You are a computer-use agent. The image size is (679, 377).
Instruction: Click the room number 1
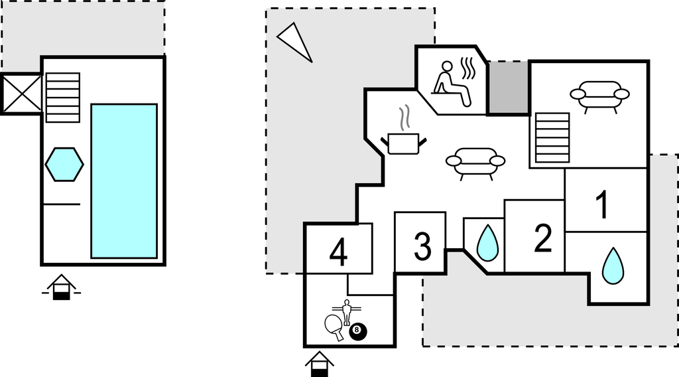tap(602, 205)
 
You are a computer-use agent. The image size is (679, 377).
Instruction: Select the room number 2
tap(543, 238)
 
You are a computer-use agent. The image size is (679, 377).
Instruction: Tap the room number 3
tap(422, 246)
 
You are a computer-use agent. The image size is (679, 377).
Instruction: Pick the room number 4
tap(339, 252)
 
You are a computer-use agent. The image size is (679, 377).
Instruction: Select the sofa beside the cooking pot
tap(475, 162)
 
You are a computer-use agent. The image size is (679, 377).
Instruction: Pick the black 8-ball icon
tap(358, 330)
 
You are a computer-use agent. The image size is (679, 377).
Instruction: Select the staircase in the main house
tap(552, 137)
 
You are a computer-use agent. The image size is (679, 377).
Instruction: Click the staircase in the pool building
tap(63, 98)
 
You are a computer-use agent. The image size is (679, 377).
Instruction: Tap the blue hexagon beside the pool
tap(64, 164)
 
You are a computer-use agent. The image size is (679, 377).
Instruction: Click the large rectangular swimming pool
tap(124, 181)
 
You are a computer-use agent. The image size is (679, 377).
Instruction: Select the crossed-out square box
tap(22, 94)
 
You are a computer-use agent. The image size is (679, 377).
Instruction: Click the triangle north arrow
tap(294, 41)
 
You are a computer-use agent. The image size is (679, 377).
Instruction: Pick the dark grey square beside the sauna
tap(508, 88)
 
